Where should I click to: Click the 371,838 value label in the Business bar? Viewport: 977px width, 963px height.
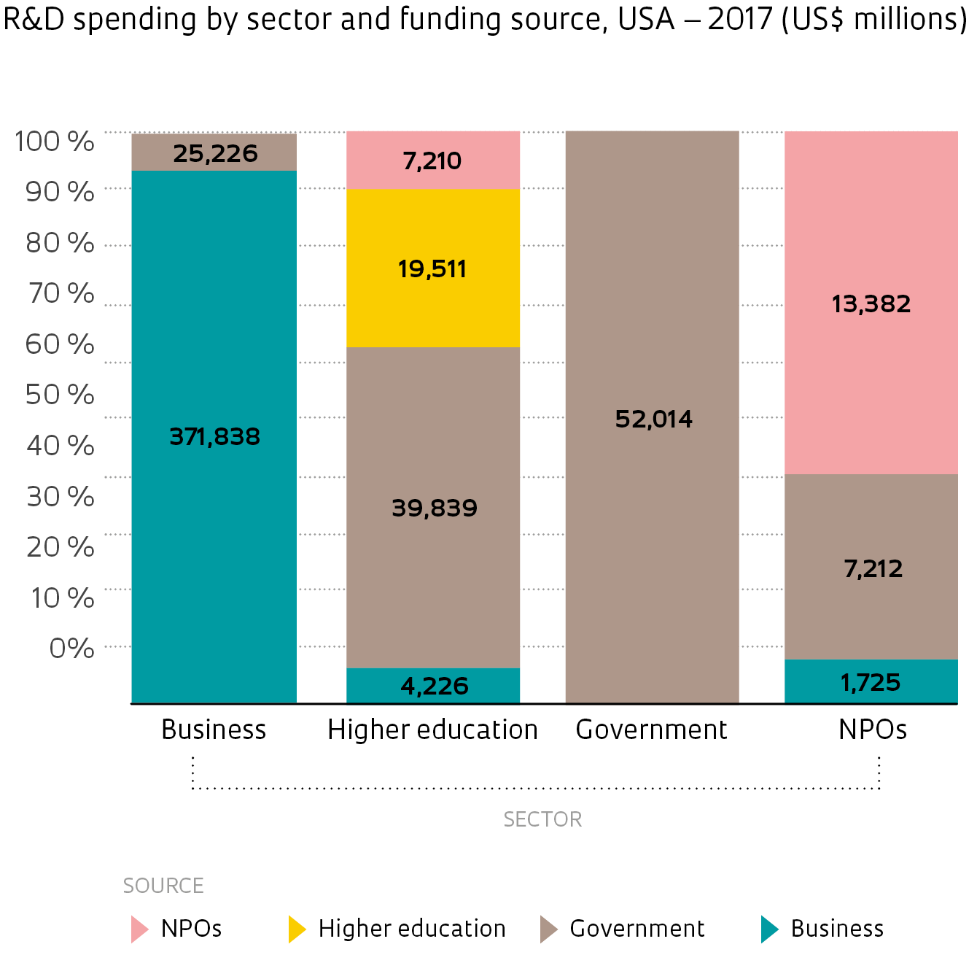[214, 436]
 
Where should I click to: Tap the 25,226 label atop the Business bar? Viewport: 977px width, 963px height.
[215, 153]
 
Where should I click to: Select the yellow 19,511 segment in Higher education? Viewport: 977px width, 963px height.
[432, 268]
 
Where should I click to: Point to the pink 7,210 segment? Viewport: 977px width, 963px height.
[432, 160]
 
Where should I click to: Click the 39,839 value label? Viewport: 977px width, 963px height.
[435, 508]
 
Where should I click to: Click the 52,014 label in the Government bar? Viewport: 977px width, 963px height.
[653, 419]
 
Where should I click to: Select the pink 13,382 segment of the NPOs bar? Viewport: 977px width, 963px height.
[871, 303]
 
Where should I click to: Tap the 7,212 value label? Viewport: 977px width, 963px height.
[873, 568]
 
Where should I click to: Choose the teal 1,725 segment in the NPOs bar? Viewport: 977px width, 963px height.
[871, 682]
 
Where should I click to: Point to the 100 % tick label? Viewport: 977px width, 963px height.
[55, 141]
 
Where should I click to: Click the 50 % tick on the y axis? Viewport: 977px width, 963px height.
[60, 394]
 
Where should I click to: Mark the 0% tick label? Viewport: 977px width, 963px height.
[71, 648]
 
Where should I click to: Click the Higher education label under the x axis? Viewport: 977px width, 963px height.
[432, 730]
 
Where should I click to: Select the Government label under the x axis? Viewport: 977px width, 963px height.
[651, 730]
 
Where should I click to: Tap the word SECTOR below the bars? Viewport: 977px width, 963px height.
[542, 819]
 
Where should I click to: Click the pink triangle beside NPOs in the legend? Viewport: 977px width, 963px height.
[139, 929]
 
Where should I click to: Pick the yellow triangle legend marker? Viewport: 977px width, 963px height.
[296, 929]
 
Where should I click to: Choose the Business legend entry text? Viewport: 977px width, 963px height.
[837, 929]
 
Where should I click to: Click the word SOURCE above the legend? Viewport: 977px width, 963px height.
[163, 886]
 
